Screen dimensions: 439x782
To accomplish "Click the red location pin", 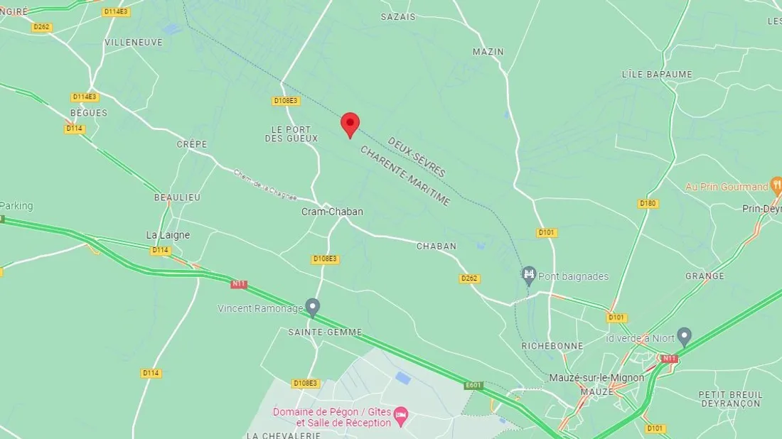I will pyautogui.click(x=350, y=124).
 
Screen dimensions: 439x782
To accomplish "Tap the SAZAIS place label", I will pyautogui.click(x=397, y=16).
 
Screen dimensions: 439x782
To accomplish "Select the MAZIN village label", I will pyautogui.click(x=488, y=52).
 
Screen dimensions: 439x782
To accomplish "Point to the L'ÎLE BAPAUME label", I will pyautogui.click(x=656, y=74).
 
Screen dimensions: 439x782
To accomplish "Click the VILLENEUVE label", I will pyautogui.click(x=133, y=42).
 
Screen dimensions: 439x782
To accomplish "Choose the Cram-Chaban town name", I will pyautogui.click(x=332, y=212).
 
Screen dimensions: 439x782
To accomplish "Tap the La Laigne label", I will pyautogui.click(x=168, y=235).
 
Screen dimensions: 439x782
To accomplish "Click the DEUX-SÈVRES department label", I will pyautogui.click(x=417, y=157).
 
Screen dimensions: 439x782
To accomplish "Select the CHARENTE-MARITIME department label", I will pyautogui.click(x=405, y=176).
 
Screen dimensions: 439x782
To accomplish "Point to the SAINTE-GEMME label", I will pyautogui.click(x=325, y=332).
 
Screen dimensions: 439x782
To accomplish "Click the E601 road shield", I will pyautogui.click(x=473, y=386).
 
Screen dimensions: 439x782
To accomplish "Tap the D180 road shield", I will pyautogui.click(x=648, y=204).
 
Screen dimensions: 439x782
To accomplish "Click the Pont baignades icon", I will pyautogui.click(x=528, y=275).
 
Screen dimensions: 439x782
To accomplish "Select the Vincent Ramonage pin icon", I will pyautogui.click(x=312, y=307).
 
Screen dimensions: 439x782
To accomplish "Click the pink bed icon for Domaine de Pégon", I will pyautogui.click(x=401, y=413).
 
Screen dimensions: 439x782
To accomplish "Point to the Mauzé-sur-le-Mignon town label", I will pyautogui.click(x=596, y=378).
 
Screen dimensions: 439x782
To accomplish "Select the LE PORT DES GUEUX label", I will pyautogui.click(x=291, y=134).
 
